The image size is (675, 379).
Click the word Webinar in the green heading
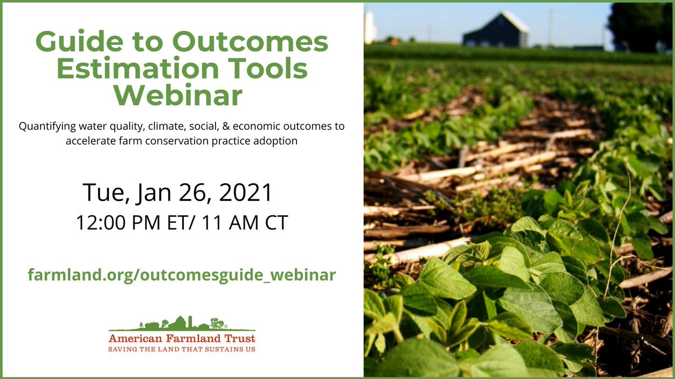click(x=181, y=95)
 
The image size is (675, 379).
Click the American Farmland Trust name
click(x=182, y=339)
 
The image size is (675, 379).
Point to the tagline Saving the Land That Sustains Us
click(x=182, y=349)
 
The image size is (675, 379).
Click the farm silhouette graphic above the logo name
click(x=182, y=323)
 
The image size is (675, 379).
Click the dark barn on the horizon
click(x=495, y=31)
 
